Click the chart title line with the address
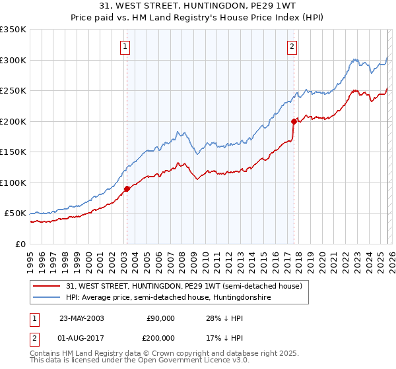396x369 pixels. coord(198,6)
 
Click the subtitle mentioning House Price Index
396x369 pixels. coord(198,17)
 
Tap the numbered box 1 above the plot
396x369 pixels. coord(125,46)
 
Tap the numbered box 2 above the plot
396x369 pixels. coord(292,46)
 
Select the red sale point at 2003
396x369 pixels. coord(127,188)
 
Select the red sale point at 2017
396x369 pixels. coord(293,121)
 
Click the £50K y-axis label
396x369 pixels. coord(15,213)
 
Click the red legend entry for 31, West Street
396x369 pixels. coord(184,286)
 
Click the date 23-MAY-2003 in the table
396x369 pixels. coord(82,318)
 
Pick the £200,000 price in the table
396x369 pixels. coord(160,337)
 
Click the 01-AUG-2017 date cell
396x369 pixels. coord(82,337)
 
